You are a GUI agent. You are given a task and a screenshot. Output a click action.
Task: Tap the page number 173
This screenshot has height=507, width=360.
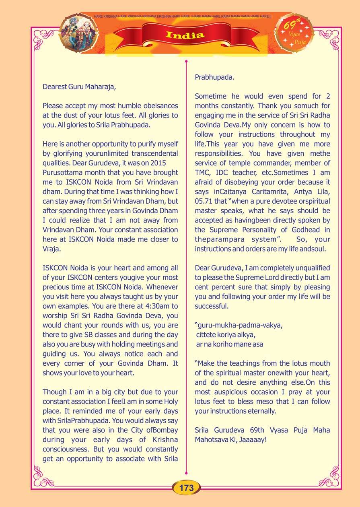pos(186,488)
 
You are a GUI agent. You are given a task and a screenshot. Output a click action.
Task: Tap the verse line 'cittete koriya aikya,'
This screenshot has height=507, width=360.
pos(225,335)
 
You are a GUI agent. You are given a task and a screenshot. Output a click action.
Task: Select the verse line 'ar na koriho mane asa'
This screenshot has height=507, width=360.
pos(229,344)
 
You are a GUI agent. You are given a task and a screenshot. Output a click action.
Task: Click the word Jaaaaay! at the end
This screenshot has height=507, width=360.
pos(249,439)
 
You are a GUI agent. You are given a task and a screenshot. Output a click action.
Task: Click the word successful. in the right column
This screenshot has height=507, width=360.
pos(212,306)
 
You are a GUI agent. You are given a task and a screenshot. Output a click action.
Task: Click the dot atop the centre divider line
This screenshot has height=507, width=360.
pos(186,62)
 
